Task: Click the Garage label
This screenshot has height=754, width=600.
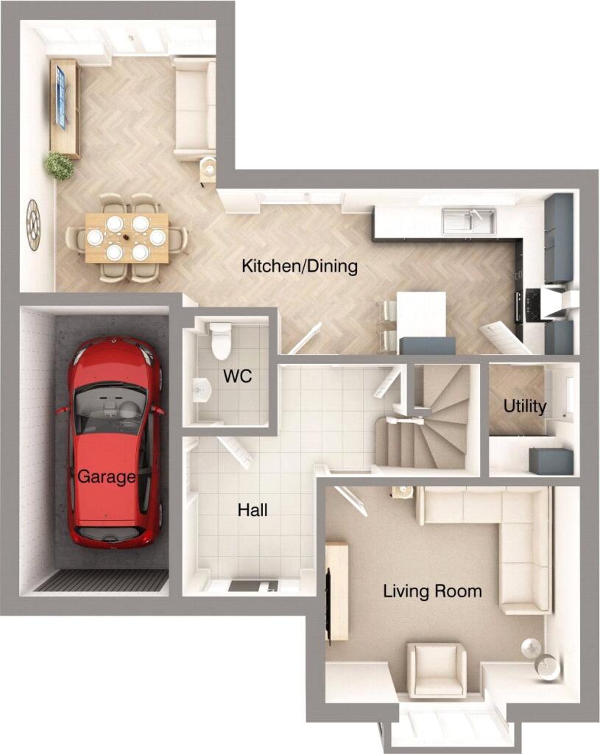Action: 107,477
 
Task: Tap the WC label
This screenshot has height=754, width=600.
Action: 237,377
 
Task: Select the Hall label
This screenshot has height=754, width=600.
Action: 253,510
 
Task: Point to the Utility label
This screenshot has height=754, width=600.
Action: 525,406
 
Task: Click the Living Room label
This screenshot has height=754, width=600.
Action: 432,591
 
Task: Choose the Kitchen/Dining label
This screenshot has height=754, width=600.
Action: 300,266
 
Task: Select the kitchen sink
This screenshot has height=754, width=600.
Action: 468,219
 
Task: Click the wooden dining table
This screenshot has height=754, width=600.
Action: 127,237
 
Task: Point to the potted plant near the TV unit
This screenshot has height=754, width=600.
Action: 59,165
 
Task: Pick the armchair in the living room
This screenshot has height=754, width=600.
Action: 437,669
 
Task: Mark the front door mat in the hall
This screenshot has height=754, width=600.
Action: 253,586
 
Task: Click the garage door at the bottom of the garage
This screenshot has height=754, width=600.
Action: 102,581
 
